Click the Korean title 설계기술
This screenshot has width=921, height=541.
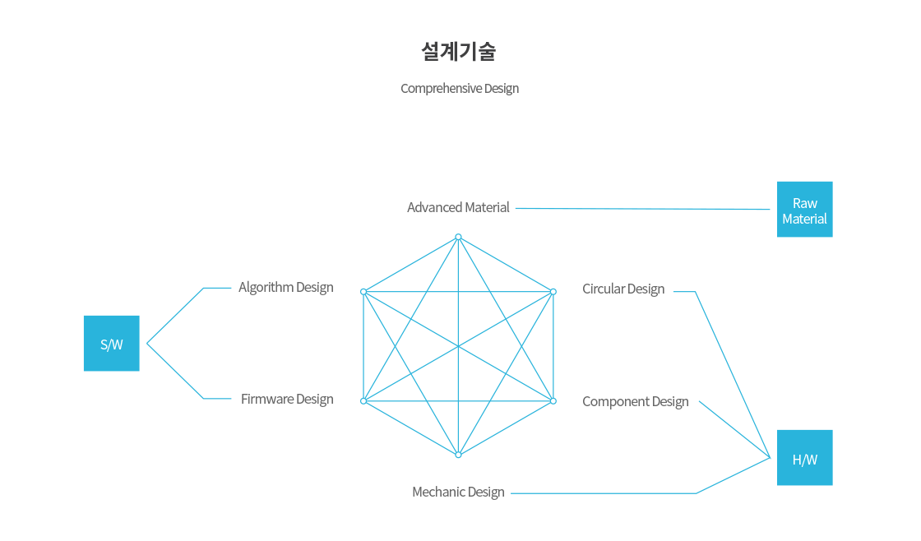[x=459, y=52]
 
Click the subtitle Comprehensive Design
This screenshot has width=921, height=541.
[x=460, y=89]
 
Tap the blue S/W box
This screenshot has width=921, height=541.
[x=112, y=343]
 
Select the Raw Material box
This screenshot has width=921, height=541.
[x=805, y=209]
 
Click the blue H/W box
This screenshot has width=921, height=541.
[x=805, y=458]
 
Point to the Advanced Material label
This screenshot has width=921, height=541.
[x=458, y=207]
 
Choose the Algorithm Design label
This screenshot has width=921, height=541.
[x=286, y=287]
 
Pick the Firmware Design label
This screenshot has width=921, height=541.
[x=287, y=399]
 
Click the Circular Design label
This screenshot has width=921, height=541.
[x=623, y=289]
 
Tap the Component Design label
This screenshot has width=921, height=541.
[x=636, y=402]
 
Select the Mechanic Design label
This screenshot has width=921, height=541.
[x=458, y=492]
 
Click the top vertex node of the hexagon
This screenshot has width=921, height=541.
[x=458, y=238]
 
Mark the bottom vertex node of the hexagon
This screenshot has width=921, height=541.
[x=458, y=455]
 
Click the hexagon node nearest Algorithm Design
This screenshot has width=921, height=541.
[x=363, y=292]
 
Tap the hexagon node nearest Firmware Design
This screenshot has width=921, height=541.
[x=363, y=401]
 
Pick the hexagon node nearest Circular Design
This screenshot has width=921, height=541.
[x=553, y=292]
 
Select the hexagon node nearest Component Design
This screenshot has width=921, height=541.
[x=553, y=401]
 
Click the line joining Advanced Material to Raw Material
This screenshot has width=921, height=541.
[x=642, y=209]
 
